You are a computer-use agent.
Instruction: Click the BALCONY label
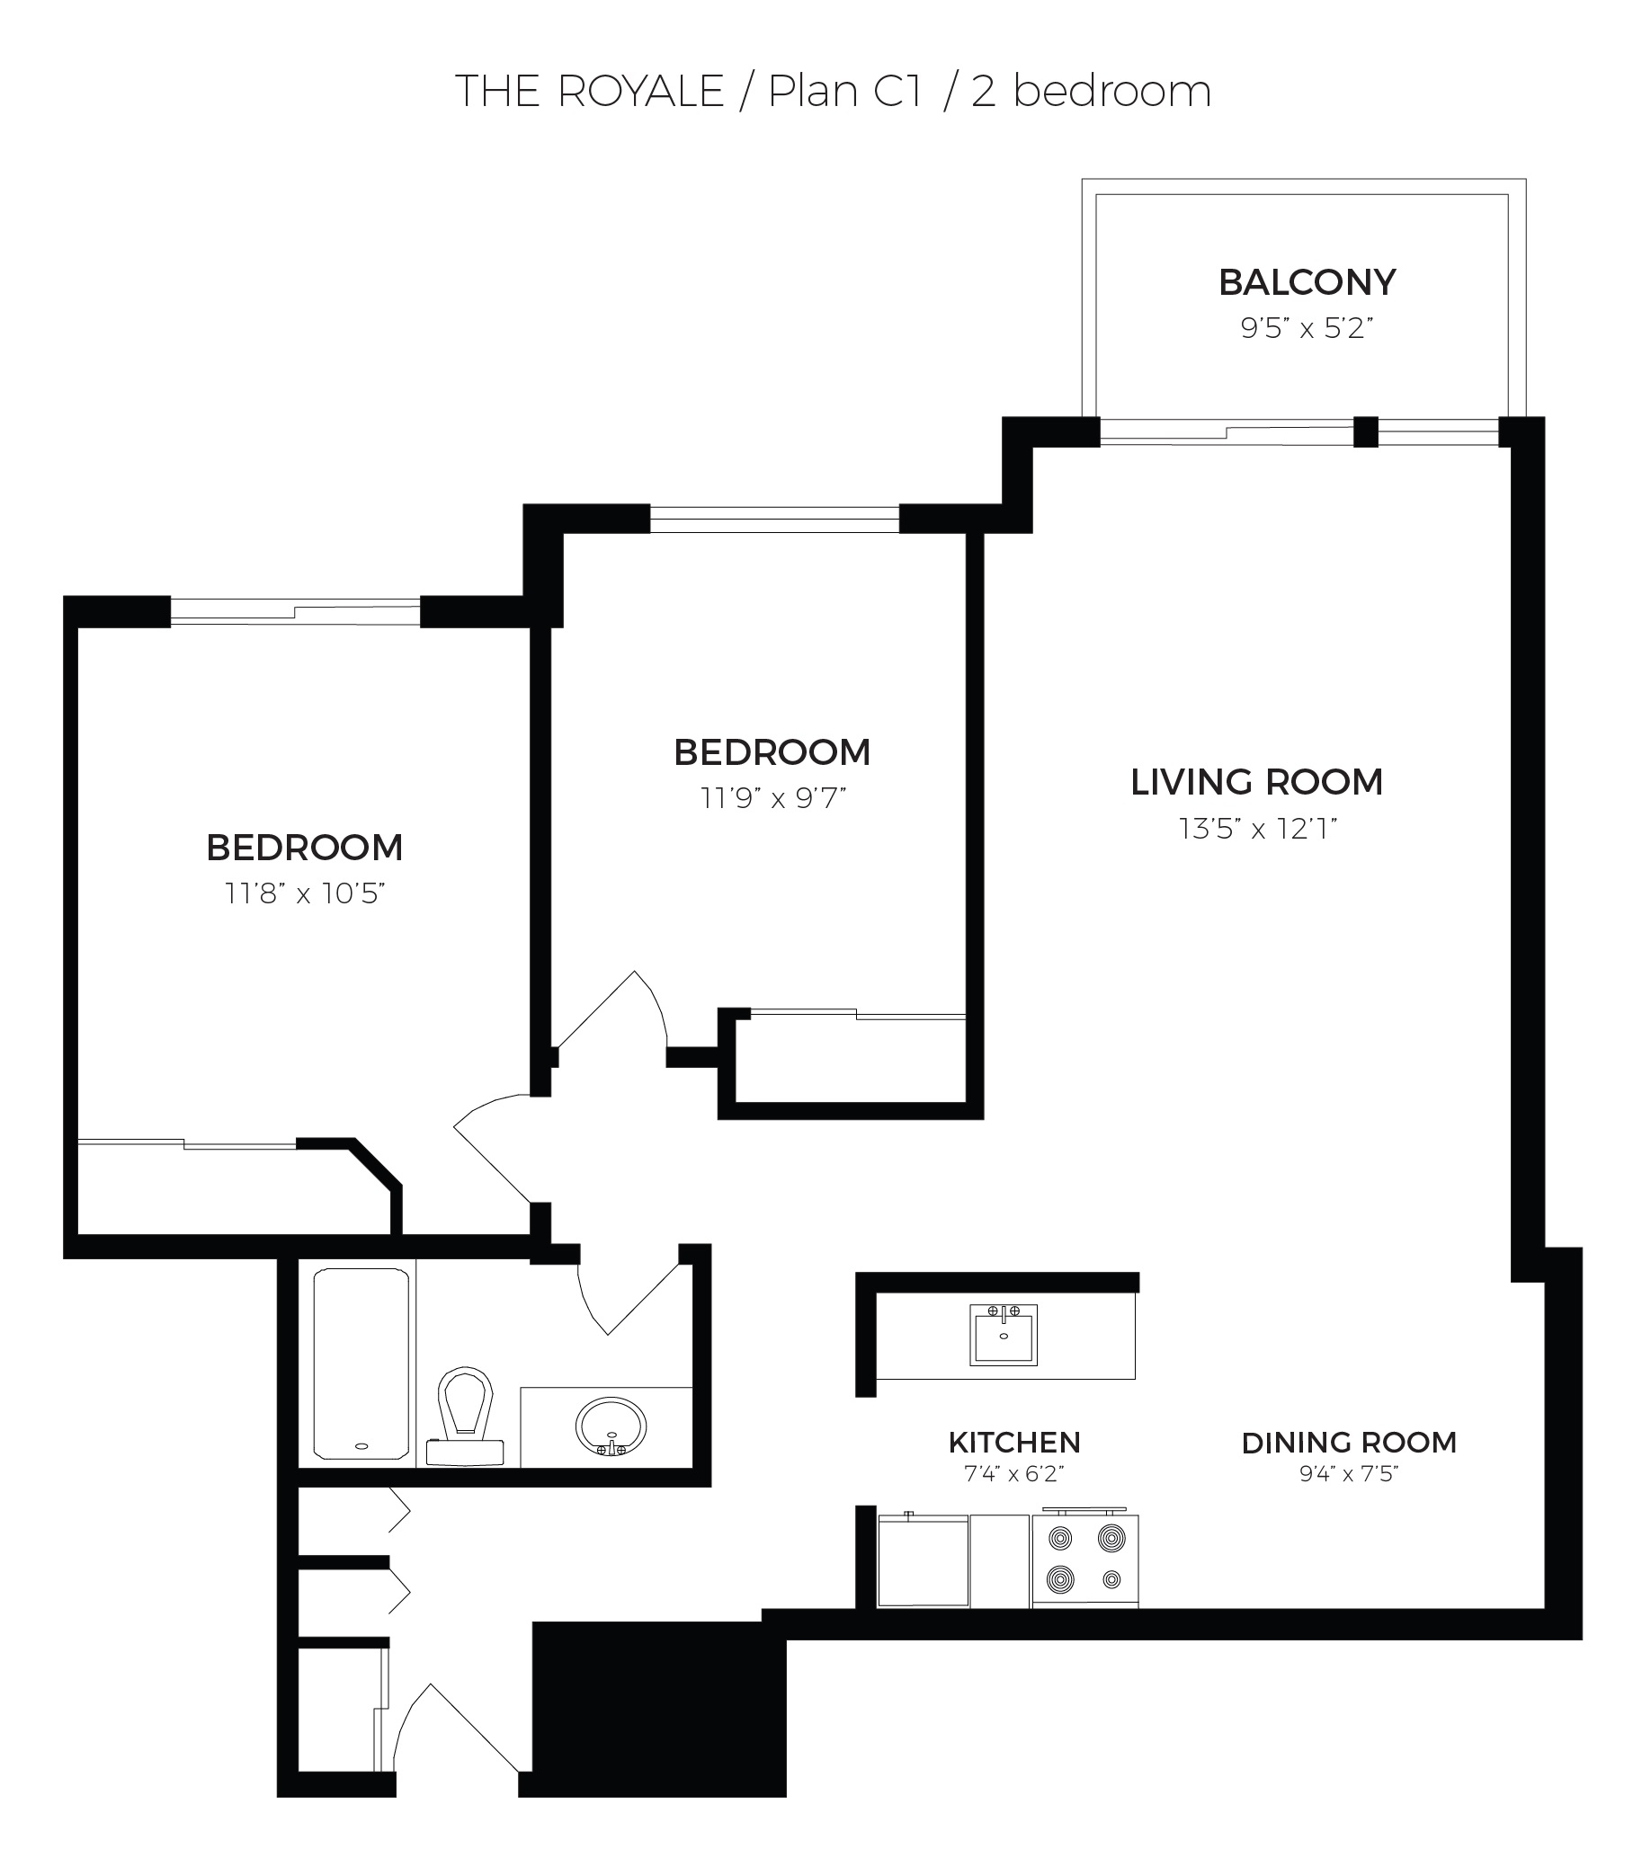1307,282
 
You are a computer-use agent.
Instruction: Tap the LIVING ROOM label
1256,782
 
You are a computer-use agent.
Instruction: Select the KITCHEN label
1014,1443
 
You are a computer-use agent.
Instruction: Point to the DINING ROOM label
1349,1443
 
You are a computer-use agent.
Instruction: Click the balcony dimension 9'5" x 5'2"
1307,328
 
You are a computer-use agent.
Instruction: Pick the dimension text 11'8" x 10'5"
305,893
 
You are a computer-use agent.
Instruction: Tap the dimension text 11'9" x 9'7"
773,798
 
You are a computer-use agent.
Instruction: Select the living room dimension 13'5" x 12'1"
1257,829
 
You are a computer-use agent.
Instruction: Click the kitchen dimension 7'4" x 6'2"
1014,1474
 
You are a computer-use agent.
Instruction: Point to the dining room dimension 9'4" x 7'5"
1349,1474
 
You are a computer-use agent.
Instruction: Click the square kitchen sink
1004,1335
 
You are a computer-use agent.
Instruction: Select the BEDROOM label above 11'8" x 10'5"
305,849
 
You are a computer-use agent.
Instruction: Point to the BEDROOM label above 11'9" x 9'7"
772,753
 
